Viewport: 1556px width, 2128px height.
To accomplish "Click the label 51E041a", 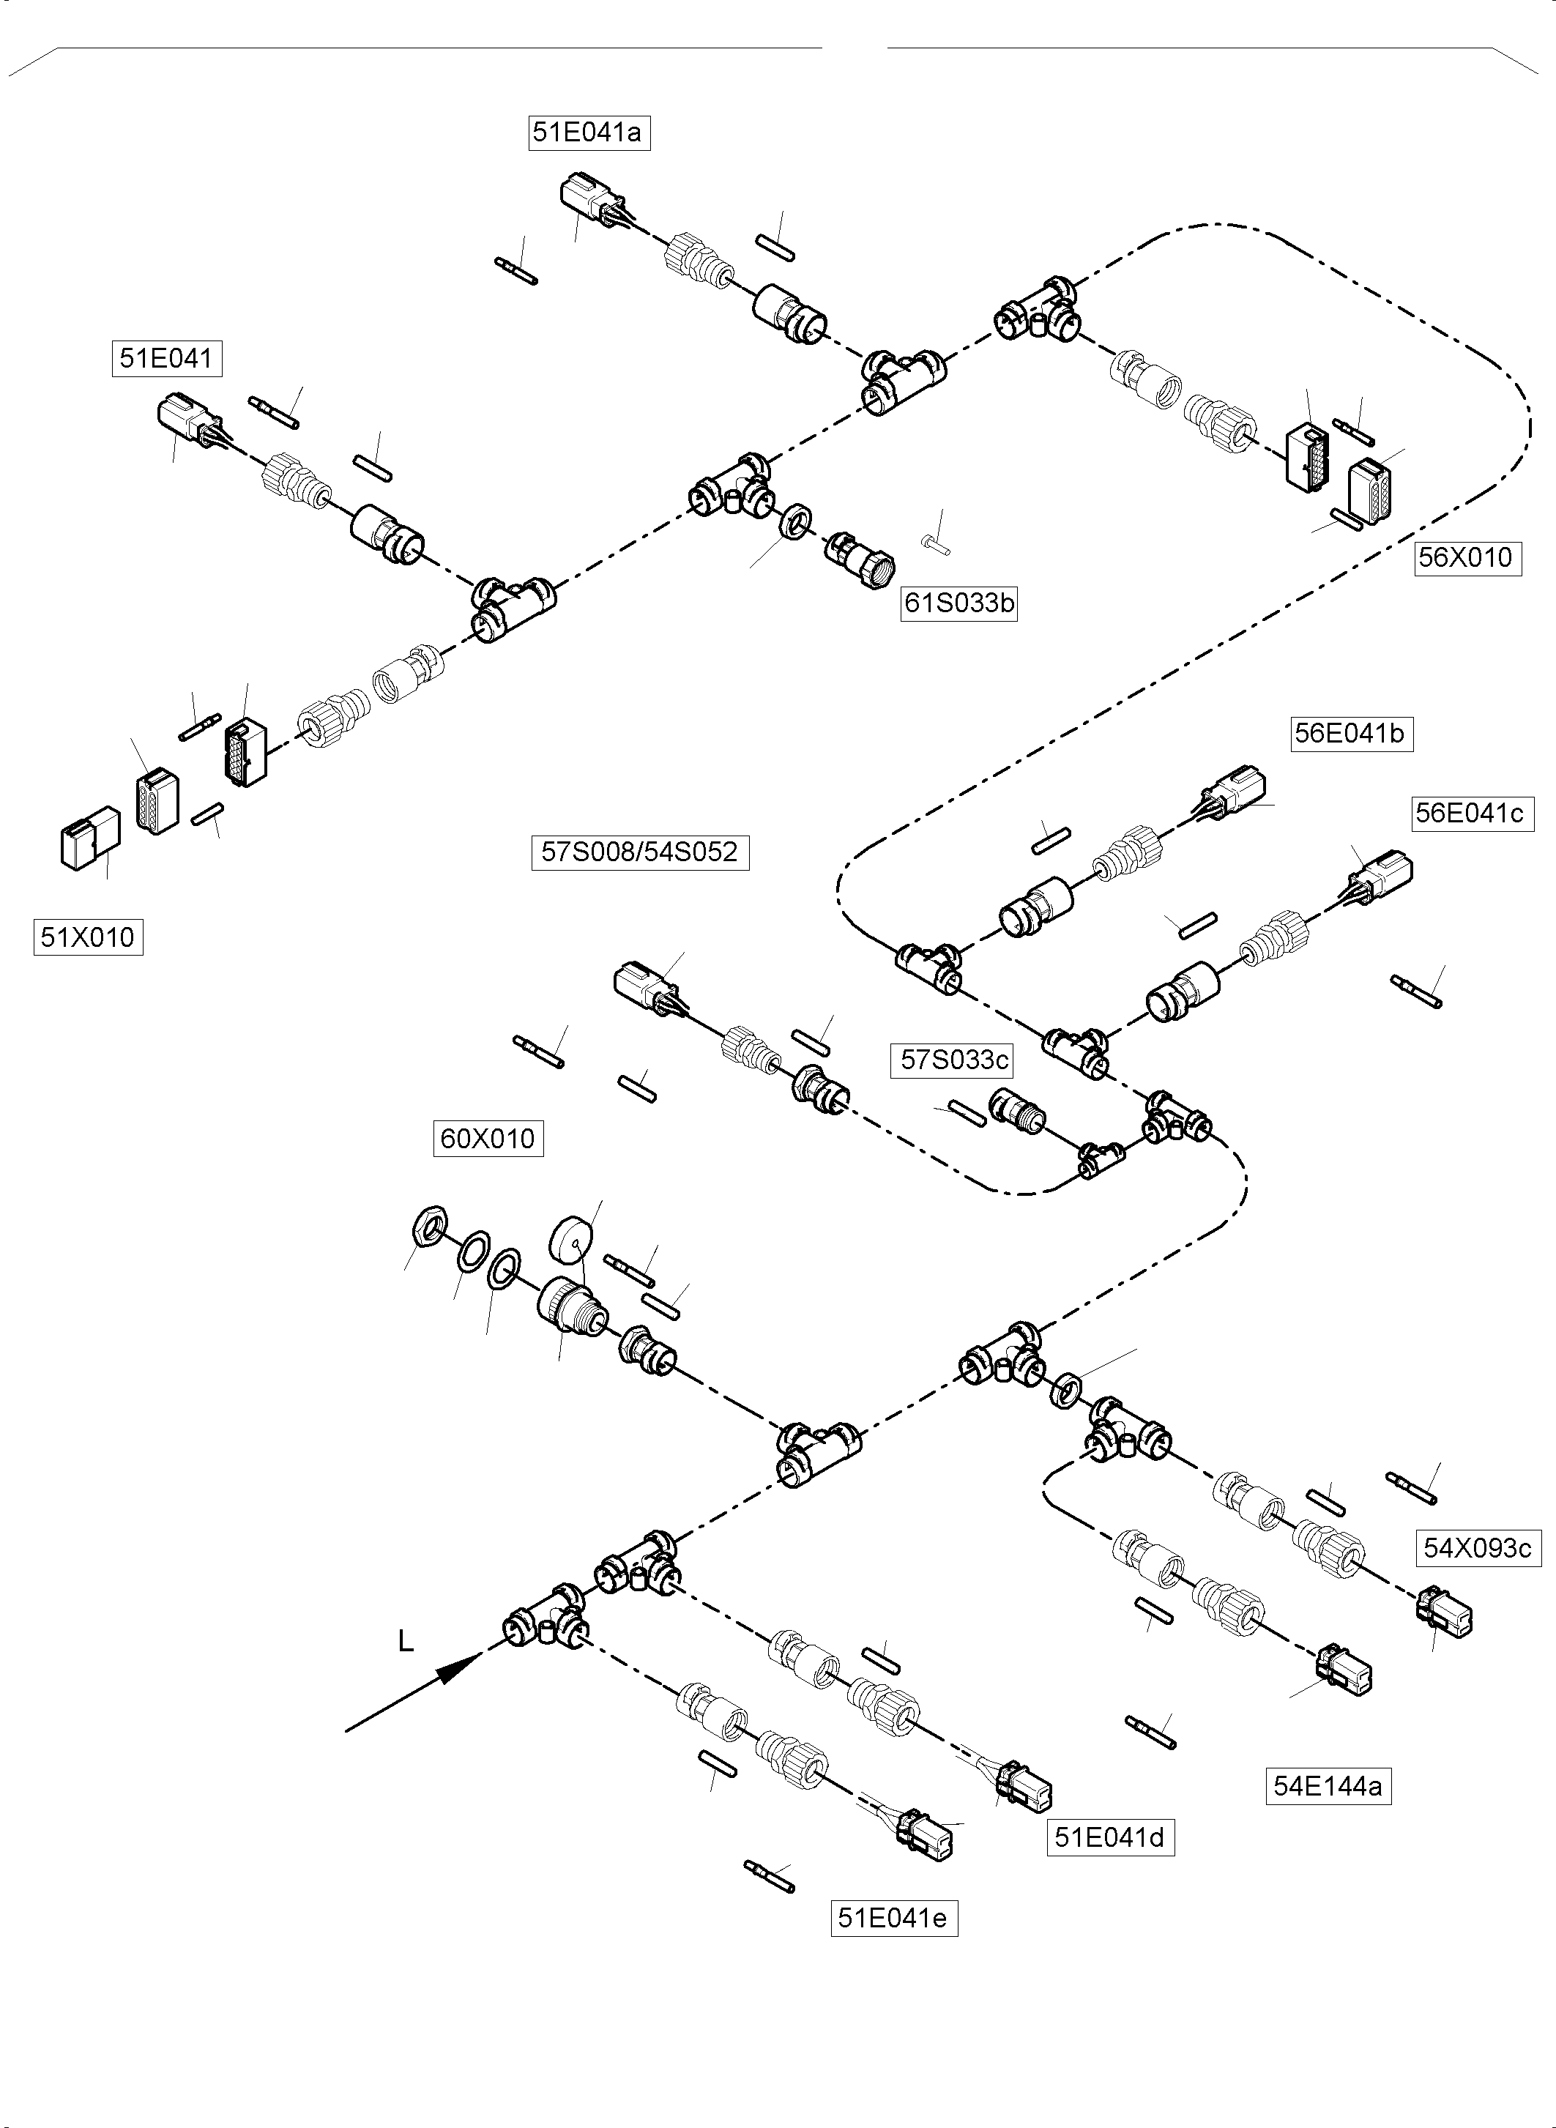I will point(588,133).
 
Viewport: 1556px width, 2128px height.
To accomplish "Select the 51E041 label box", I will point(167,359).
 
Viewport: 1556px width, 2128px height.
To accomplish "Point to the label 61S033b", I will point(958,603).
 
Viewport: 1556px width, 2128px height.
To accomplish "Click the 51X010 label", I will point(89,937).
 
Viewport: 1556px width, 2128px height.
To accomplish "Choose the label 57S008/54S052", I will point(639,852).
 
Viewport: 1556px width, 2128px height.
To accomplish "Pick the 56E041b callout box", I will point(1351,734).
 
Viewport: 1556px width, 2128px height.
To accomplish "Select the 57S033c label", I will point(955,1060).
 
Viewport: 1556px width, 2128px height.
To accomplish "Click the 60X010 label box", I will point(488,1139).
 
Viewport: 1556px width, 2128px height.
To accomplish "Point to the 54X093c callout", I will point(1478,1548).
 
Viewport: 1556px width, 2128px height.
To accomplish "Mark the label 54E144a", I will point(1327,1786).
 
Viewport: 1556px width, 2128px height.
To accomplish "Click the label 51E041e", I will point(893,1917).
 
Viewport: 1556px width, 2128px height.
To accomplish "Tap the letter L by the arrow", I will point(406,1641).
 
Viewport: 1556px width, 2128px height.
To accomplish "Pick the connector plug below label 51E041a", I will point(592,197).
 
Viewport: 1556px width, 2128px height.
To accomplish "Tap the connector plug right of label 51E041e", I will point(926,1835).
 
